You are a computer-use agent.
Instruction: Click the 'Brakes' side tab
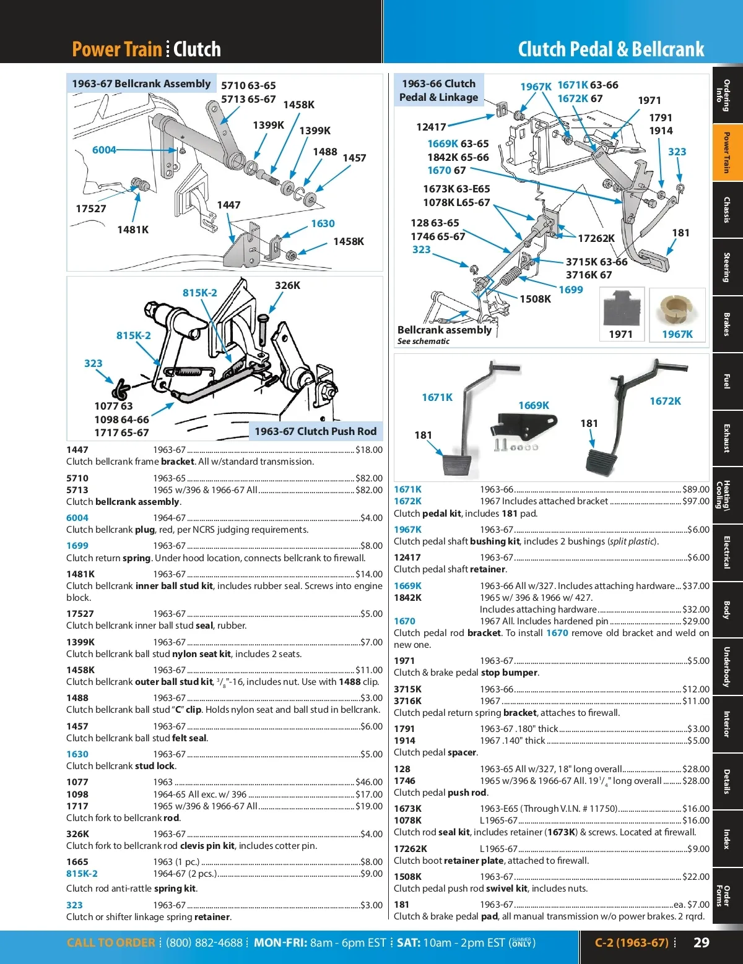pos(727,324)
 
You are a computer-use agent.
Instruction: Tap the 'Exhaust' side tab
pos(727,438)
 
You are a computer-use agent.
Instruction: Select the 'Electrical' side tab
pos(727,552)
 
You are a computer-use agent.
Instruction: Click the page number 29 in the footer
pos(701,942)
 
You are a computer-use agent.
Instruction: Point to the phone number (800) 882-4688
pos(204,942)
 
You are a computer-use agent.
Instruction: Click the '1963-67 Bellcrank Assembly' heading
pos(141,84)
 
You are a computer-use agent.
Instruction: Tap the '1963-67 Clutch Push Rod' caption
pos(315,431)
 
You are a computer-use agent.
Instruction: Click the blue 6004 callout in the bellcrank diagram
pos(104,150)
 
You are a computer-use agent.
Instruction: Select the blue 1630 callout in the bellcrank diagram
pos(323,223)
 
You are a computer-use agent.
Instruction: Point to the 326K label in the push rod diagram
pos(287,285)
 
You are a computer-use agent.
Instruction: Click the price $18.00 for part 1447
pos(369,450)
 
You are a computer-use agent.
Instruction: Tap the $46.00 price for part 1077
pos(369,782)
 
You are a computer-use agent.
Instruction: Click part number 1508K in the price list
pos(407,877)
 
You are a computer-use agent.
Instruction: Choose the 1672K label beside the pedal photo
pos(665,401)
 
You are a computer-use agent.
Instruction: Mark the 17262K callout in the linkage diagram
pos(596,238)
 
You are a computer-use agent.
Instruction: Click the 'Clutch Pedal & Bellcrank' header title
pos(610,49)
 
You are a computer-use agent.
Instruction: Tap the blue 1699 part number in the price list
pos(77,546)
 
